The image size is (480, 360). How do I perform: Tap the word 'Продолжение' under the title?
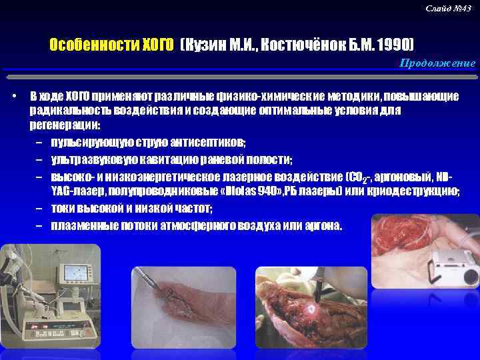tap(437, 63)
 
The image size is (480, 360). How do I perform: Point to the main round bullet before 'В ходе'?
tap(15, 96)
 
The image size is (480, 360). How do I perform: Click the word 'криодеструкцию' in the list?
tap(418, 192)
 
